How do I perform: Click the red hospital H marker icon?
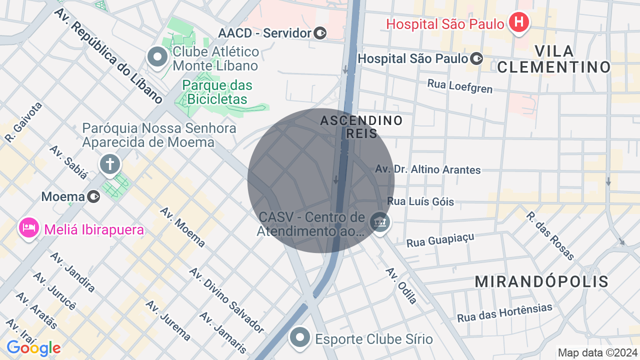click(x=519, y=22)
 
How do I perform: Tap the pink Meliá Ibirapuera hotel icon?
click(x=29, y=228)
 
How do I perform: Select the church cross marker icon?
click(x=110, y=164)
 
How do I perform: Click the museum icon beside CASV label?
click(x=380, y=221)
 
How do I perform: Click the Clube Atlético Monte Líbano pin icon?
click(x=157, y=57)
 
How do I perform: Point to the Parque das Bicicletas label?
click(x=217, y=92)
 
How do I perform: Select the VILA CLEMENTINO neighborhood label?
click(x=554, y=59)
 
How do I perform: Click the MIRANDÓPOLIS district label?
click(x=541, y=281)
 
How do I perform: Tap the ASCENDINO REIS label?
click(x=361, y=127)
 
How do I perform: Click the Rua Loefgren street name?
click(x=459, y=86)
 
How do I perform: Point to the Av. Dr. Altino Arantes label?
click(x=428, y=169)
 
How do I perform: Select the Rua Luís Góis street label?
click(x=420, y=201)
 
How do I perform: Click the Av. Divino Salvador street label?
click(x=226, y=300)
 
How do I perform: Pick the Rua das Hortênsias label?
click(x=504, y=313)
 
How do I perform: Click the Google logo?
click(x=33, y=348)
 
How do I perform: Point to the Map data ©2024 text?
click(x=597, y=352)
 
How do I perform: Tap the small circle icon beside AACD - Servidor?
click(x=320, y=33)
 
